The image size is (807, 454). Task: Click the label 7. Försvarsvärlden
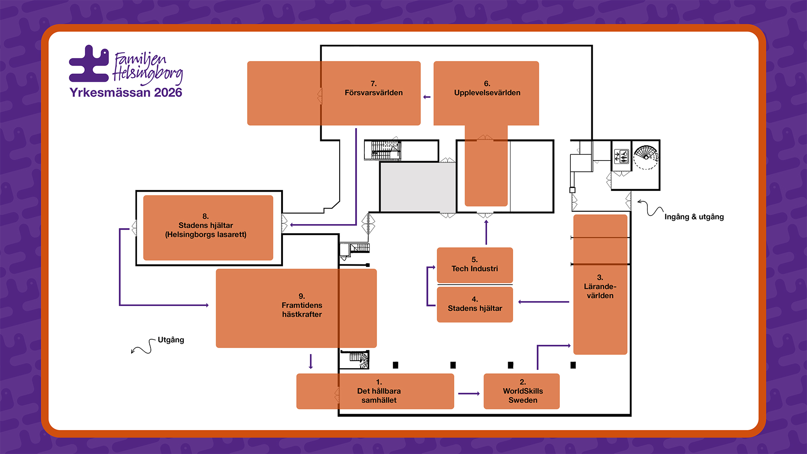click(x=373, y=89)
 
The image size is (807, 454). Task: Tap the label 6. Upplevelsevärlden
click(x=487, y=89)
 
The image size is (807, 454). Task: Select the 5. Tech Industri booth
click(x=475, y=265)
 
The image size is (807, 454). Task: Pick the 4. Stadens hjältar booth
click(x=475, y=304)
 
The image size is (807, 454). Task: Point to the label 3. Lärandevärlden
click(x=600, y=287)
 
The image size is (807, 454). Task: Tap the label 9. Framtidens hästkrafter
click(x=302, y=306)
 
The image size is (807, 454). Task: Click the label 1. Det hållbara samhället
click(x=379, y=391)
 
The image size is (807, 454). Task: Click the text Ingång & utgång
click(x=694, y=217)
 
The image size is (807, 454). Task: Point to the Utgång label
click(x=171, y=340)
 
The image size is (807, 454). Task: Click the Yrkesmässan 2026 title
click(x=126, y=92)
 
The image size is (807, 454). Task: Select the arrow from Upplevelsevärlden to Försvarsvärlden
click(x=427, y=97)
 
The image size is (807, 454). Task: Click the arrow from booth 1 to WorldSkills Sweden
click(x=469, y=393)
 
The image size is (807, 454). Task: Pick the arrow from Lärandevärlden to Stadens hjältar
click(x=543, y=302)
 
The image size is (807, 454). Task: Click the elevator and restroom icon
click(x=621, y=156)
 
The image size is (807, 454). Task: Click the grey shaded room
click(x=417, y=187)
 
